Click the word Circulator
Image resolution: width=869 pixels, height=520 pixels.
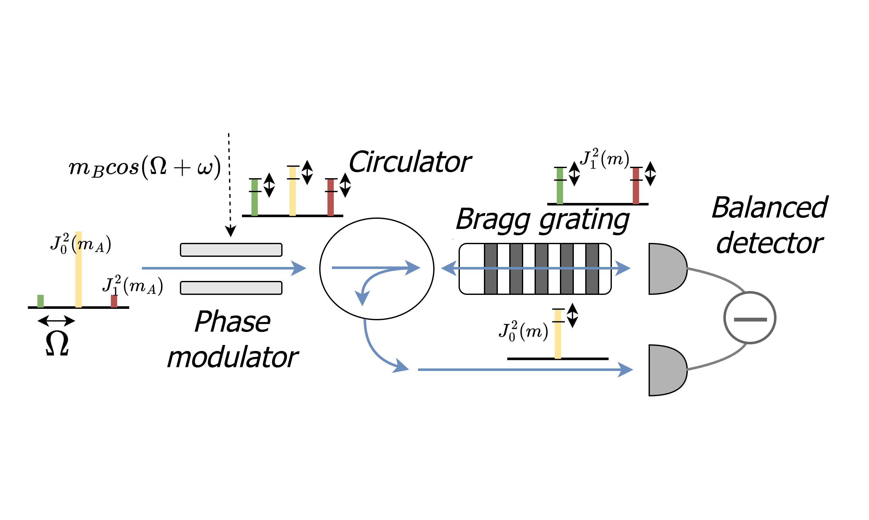[410, 162]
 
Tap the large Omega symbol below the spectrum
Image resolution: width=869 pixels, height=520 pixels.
[57, 343]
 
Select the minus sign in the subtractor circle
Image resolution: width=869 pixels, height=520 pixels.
[750, 319]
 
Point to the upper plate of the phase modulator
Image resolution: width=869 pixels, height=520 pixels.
[231, 250]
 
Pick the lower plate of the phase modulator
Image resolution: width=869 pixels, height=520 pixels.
[231, 288]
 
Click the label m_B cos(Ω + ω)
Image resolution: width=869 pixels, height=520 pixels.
[144, 167]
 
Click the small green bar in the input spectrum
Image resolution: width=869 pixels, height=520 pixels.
[41, 301]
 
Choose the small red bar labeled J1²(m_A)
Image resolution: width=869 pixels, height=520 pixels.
[114, 301]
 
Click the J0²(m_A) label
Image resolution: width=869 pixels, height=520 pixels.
[80, 244]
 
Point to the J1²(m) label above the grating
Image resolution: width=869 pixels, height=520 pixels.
[605, 159]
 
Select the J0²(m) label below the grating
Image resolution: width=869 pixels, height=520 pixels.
[523, 331]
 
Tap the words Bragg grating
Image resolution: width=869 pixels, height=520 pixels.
[543, 220]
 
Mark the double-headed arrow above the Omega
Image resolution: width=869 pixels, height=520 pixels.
[56, 321]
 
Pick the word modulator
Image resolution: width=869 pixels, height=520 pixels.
[233, 357]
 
